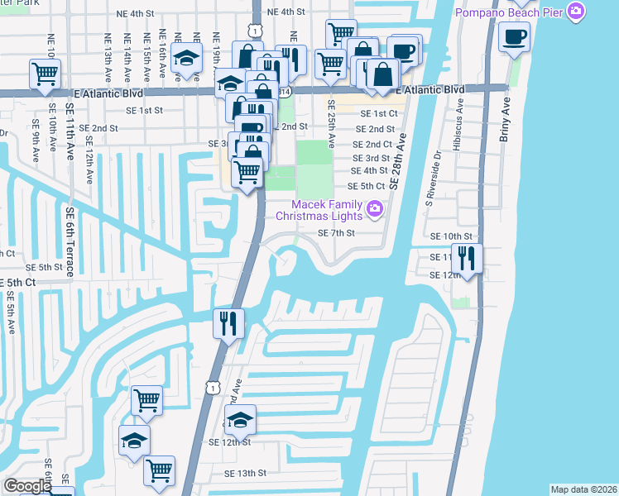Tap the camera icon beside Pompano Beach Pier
[x=578, y=12]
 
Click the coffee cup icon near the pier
[x=514, y=38]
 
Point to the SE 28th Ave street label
[x=399, y=162]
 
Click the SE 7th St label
[x=337, y=233]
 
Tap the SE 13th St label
[x=245, y=474]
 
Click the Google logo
[x=27, y=486]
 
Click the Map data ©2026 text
[x=583, y=489]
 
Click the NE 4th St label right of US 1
[x=287, y=12]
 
